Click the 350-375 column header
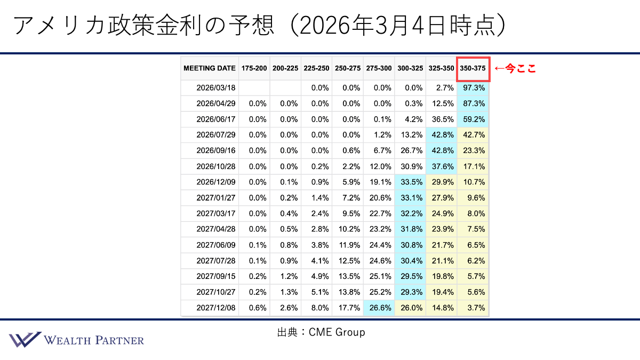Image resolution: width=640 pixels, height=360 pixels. pyautogui.click(x=473, y=68)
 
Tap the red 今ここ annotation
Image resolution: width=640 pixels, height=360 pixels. pyautogui.click(x=515, y=68)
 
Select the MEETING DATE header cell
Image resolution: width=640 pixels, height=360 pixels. pyautogui.click(x=209, y=68)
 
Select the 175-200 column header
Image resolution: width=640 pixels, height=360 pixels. pyautogui.click(x=254, y=68)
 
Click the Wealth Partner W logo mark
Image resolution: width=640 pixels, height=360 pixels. pyautogui.click(x=24, y=340)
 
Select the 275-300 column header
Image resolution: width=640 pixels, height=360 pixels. pyautogui.click(x=379, y=68)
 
